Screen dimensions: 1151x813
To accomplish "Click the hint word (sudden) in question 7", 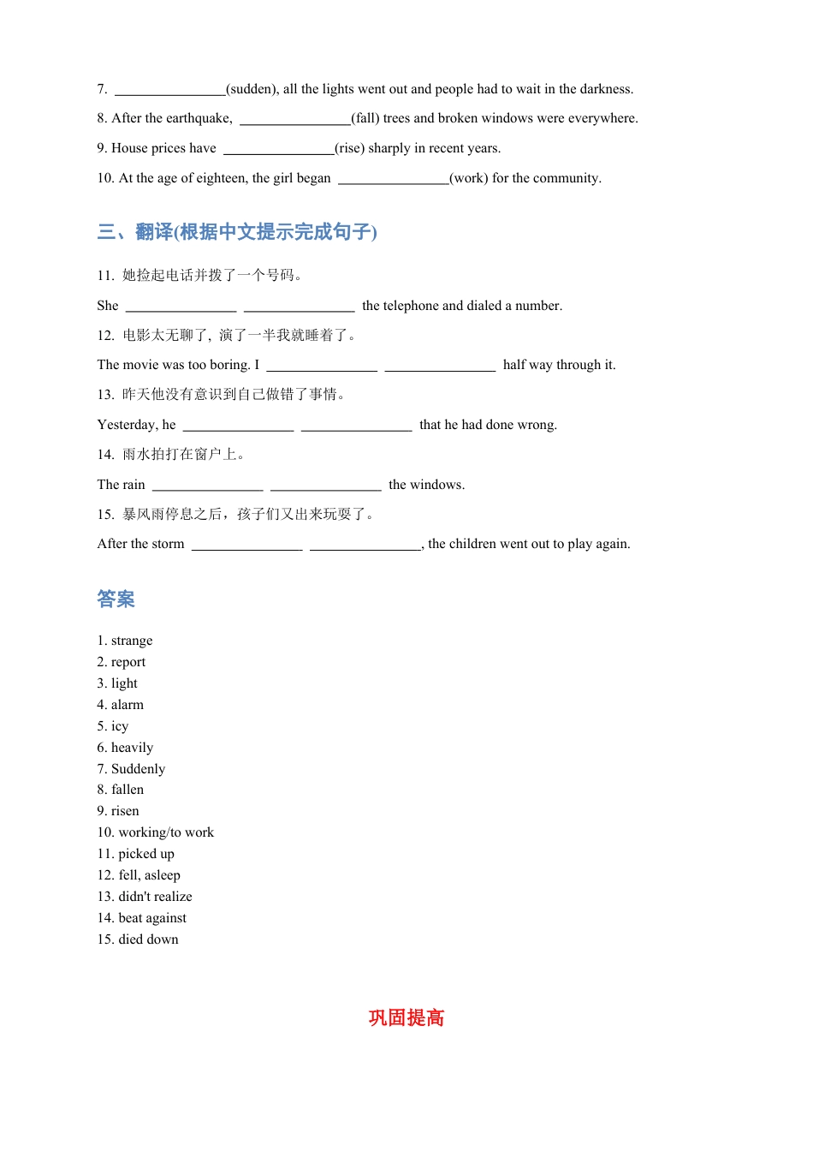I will (252, 89).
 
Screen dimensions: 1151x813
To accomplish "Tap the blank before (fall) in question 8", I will (294, 119).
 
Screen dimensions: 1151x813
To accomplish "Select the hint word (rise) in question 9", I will (349, 148).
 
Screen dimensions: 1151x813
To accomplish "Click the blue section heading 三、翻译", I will (237, 232).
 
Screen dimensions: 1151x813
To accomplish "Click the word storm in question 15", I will (168, 544).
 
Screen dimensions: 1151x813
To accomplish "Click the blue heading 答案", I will (116, 599).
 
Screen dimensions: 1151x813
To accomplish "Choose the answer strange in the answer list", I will (132, 641).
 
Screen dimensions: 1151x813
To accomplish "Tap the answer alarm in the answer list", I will (128, 705).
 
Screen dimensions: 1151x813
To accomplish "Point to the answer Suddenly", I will (138, 769).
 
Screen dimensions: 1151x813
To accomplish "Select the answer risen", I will (125, 811).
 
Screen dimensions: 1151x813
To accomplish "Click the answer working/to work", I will (166, 832).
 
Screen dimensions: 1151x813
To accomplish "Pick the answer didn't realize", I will (155, 897).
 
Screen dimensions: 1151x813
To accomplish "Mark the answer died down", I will (148, 939).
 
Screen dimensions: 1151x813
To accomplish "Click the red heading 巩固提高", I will (406, 1017).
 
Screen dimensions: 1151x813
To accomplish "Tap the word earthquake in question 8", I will (198, 118).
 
